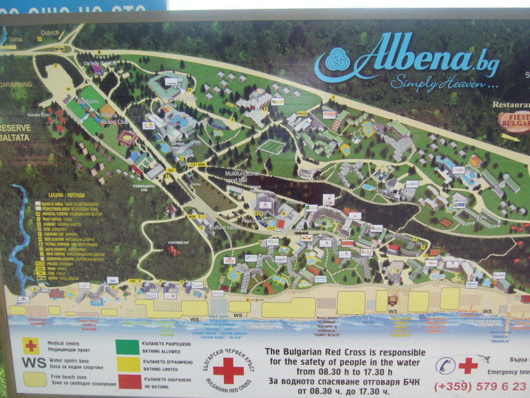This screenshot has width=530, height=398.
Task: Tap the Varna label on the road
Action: pyautogui.click(x=14, y=39)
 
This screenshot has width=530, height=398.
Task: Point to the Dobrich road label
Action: pyautogui.click(x=50, y=33)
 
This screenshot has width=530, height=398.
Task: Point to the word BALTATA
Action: pyautogui.click(x=15, y=137)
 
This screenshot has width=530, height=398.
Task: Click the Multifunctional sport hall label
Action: pyautogui.click(x=238, y=176)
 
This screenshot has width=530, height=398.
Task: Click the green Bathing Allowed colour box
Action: pyautogui.click(x=128, y=347)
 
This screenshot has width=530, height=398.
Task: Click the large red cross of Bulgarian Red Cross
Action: pyautogui.click(x=228, y=369)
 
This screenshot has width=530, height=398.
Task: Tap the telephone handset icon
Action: pyautogui.click(x=445, y=365)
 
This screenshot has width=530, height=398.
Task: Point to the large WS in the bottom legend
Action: pyautogui.click(x=34, y=363)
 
